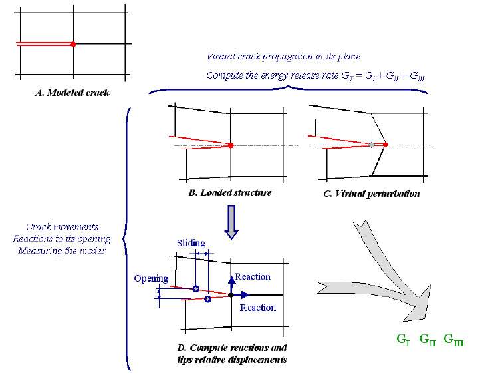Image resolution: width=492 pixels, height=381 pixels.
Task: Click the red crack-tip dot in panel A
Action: coord(74,44)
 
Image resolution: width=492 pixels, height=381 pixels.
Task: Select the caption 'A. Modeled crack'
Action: coord(72,93)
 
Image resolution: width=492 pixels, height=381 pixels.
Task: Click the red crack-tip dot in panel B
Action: coord(230,145)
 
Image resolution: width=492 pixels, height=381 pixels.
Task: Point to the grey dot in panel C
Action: coord(372,145)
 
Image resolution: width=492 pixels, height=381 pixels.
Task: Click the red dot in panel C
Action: coord(386,144)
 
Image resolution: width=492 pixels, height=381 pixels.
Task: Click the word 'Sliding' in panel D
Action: coord(191,243)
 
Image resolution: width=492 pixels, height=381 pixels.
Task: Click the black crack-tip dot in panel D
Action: coord(230,294)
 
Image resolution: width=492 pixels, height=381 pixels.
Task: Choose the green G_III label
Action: coord(454,340)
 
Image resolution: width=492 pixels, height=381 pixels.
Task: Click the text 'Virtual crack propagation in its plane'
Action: coord(284,56)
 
